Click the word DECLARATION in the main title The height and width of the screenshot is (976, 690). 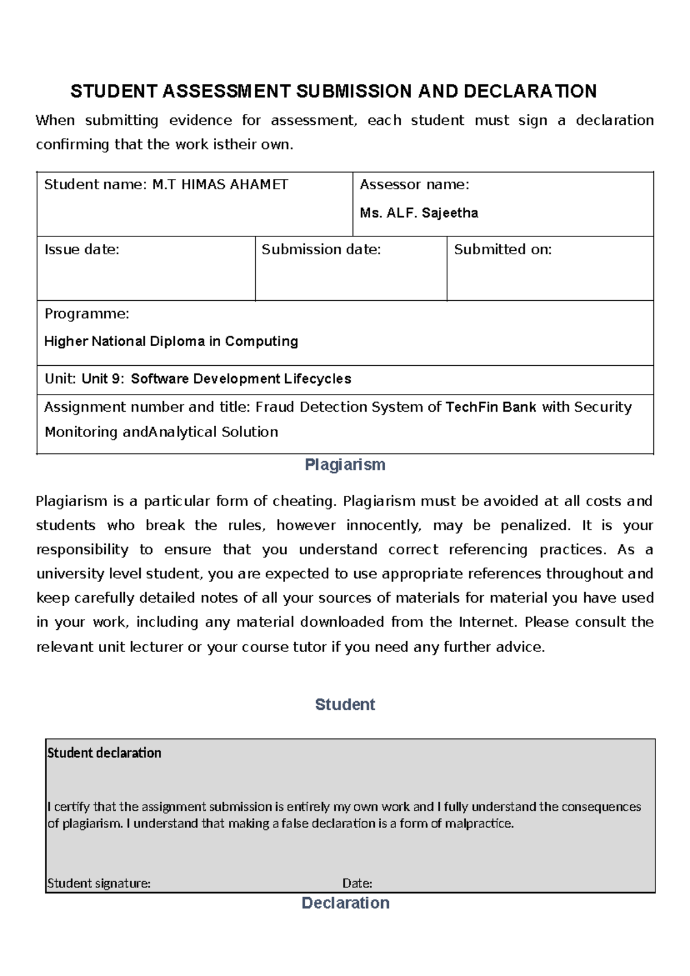pyautogui.click(x=530, y=91)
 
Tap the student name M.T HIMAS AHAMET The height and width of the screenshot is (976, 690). pyautogui.click(x=220, y=185)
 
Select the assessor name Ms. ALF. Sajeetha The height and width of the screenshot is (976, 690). pyautogui.click(x=419, y=213)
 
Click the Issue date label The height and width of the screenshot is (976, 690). pyautogui.click(x=82, y=250)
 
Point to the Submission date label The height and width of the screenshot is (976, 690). pyautogui.click(x=321, y=250)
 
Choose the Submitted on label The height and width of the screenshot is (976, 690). pyautogui.click(x=503, y=250)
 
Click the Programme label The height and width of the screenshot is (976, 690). pyautogui.click(x=87, y=314)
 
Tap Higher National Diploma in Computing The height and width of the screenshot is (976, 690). pyautogui.click(x=171, y=342)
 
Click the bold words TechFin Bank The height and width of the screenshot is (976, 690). pyautogui.click(x=490, y=407)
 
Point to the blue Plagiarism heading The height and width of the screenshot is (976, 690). pyautogui.click(x=345, y=465)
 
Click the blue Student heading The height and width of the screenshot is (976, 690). pyautogui.click(x=345, y=705)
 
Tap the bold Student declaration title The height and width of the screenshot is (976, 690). pyautogui.click(x=104, y=753)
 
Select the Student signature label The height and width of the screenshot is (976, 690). pyautogui.click(x=99, y=883)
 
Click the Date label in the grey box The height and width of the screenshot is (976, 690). pyautogui.click(x=357, y=883)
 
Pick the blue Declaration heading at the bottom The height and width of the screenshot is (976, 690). pyautogui.click(x=346, y=903)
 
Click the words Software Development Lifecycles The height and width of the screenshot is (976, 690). pyautogui.click(x=241, y=379)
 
